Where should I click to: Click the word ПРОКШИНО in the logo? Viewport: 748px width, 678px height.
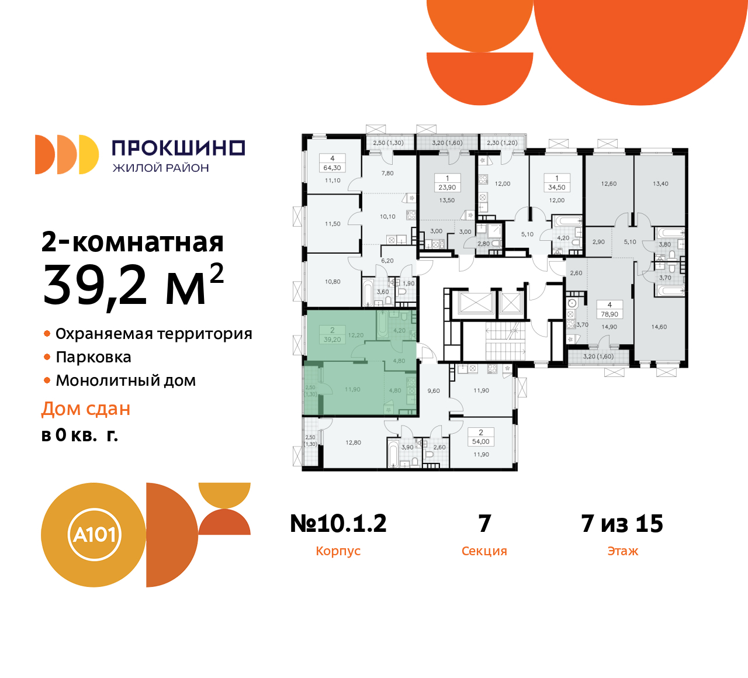click(x=178, y=148)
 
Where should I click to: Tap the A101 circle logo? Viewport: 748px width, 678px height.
click(x=94, y=534)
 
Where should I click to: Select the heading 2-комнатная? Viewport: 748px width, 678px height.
click(x=133, y=242)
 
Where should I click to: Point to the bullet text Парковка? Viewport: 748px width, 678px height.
click(x=93, y=357)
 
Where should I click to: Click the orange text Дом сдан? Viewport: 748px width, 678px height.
click(x=86, y=409)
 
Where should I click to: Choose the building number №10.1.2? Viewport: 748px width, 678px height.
click(x=338, y=524)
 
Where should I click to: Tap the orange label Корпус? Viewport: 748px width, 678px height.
click(x=338, y=551)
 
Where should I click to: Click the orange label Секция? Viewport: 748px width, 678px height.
click(x=484, y=551)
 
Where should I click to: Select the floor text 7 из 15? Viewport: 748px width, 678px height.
click(x=622, y=524)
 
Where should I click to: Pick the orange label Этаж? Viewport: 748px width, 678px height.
click(x=622, y=551)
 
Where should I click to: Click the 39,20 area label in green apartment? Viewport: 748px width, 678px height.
click(x=332, y=340)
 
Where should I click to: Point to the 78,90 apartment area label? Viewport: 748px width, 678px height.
click(x=610, y=314)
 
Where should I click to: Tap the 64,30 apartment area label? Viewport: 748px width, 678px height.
click(x=332, y=168)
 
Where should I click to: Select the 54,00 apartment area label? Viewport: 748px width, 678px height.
click(x=481, y=442)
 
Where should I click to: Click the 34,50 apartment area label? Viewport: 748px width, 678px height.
click(x=556, y=188)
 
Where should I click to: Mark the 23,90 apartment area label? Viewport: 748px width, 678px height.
click(x=447, y=188)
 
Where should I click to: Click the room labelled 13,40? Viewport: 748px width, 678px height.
click(x=660, y=184)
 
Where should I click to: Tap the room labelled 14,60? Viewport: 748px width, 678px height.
click(x=659, y=327)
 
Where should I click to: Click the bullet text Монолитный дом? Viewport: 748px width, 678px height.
click(x=126, y=380)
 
